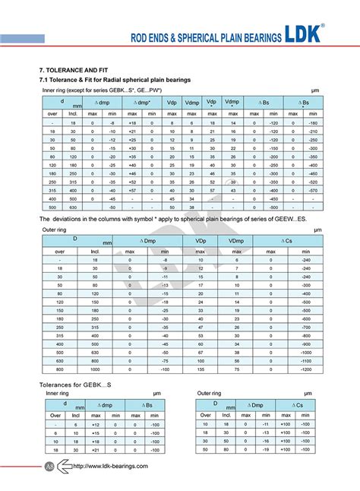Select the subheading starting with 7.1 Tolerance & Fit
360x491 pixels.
tap(115, 80)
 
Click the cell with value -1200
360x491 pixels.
tap(305, 369)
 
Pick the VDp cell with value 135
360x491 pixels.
tap(201, 369)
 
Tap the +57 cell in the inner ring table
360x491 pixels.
tap(132, 190)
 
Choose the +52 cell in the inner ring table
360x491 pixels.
tap(132, 181)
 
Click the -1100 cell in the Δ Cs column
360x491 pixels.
tap(305, 361)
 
